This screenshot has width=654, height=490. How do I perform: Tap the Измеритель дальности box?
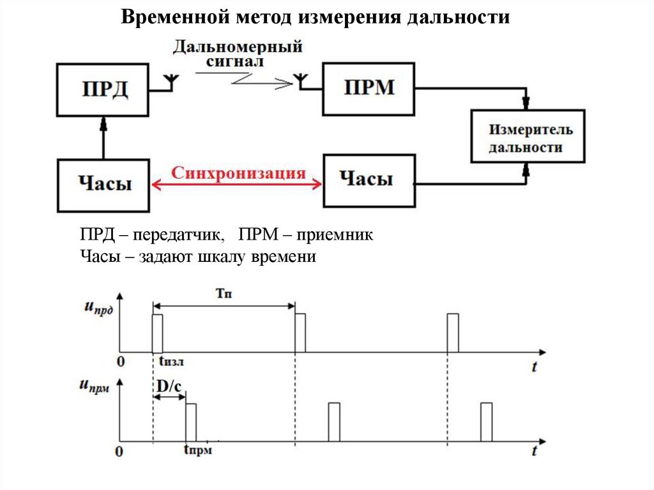526,139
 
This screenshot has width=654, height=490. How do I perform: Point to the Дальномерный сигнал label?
236,54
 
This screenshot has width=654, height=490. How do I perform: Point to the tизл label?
171,363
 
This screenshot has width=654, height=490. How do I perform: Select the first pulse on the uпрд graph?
157,333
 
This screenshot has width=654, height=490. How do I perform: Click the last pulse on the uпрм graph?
487,422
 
